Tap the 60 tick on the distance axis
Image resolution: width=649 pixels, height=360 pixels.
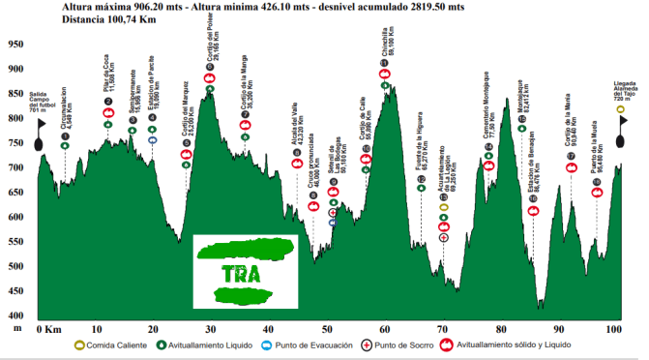pyautogui.click(x=384, y=330)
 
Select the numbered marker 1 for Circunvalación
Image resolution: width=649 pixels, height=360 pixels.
pyautogui.click(x=65, y=146)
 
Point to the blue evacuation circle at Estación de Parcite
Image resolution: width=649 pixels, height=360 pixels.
pyautogui.click(x=152, y=140)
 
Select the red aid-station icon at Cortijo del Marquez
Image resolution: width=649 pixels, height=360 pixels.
pyautogui.click(x=187, y=155)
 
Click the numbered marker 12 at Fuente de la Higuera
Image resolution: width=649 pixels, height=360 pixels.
pyautogui.click(x=422, y=189)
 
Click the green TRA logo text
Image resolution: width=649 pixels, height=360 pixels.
pyautogui.click(x=241, y=272)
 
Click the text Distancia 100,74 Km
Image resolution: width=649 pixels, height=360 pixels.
pyautogui.click(x=116, y=18)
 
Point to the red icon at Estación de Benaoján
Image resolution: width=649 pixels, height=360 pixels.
pyautogui.click(x=532, y=210)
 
